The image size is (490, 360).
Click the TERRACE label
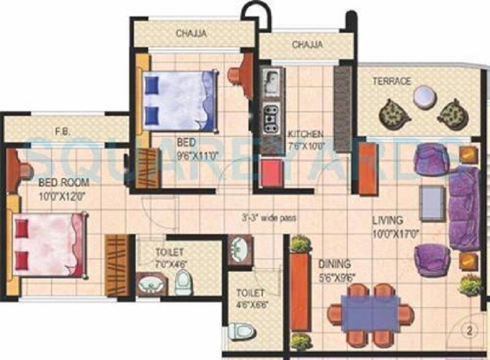pyautogui.click(x=393, y=81)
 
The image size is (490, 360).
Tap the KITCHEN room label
pyautogui.click(x=305, y=133)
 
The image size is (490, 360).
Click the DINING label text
pyautogui.click(x=334, y=264)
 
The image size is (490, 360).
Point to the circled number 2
pyautogui.click(x=470, y=332)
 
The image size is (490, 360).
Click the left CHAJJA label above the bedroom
pyautogui.click(x=191, y=33)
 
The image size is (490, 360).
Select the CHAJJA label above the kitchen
pyautogui.click(x=307, y=45)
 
